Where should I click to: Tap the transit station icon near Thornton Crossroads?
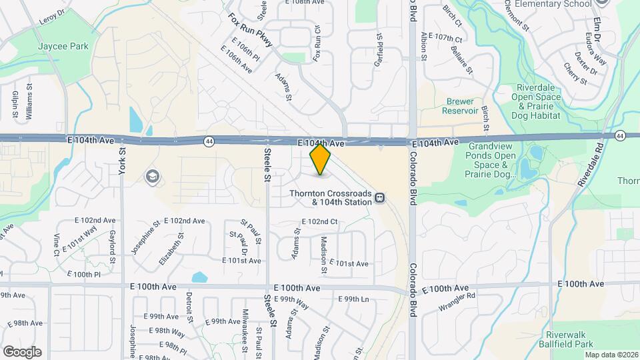(x=379, y=197)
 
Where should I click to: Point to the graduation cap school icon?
(x=153, y=176)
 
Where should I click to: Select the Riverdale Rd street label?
(x=589, y=164)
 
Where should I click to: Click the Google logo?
(x=22, y=351)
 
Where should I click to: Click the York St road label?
(x=123, y=160)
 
